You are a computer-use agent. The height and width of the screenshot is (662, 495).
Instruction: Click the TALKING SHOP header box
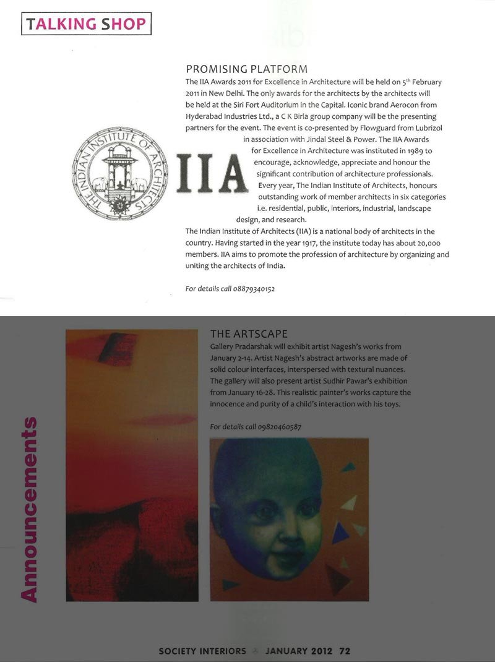point(86,24)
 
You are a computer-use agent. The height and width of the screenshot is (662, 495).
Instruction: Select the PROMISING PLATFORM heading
point(247,69)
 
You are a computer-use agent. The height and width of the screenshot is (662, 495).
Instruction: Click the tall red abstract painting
point(132,465)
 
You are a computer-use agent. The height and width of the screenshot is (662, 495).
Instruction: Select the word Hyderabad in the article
point(205,116)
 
